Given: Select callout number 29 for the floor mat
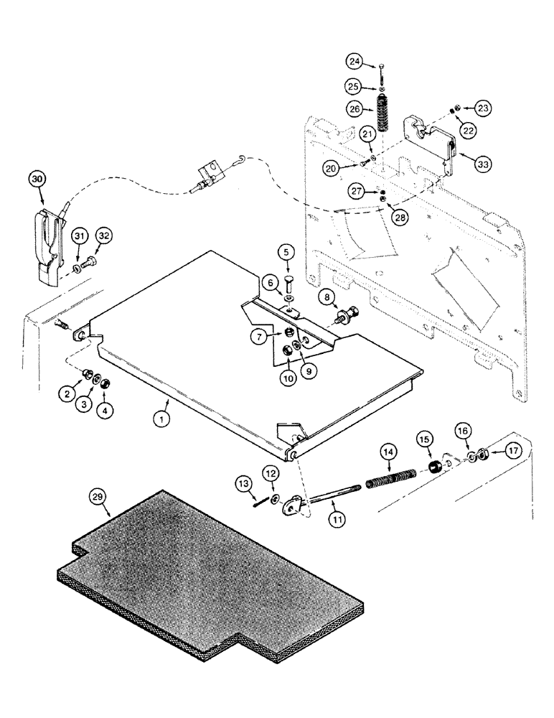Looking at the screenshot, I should [x=98, y=496].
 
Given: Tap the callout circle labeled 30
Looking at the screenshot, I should [x=39, y=178].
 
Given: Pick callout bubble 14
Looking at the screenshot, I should [x=388, y=452].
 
